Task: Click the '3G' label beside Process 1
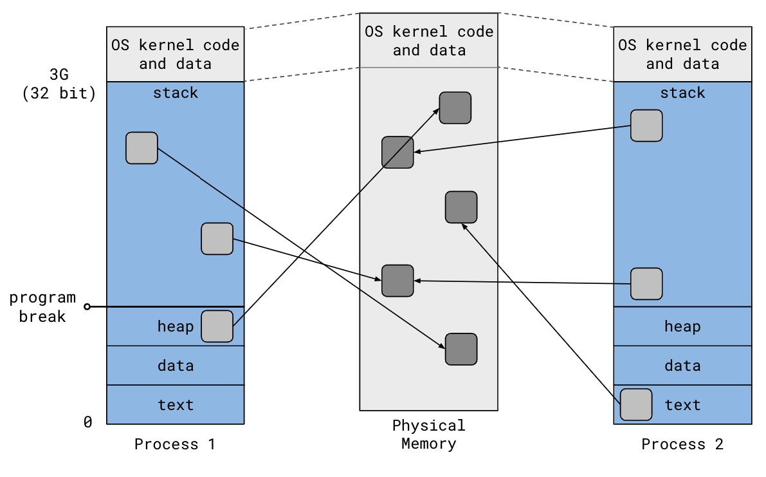point(59,74)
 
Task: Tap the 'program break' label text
point(42,307)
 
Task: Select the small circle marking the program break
point(87,307)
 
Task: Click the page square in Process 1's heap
point(217,326)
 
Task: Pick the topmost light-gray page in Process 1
point(141,148)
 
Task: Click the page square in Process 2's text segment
point(636,404)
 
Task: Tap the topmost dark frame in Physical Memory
point(455,108)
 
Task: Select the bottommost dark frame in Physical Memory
point(461,349)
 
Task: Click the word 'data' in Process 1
point(176,366)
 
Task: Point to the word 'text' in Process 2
point(682,405)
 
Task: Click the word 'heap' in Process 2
point(682,326)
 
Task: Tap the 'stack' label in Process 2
point(682,93)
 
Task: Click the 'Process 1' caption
point(175,444)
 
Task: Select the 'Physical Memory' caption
point(428,435)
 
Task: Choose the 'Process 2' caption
point(682,444)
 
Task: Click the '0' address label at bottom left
point(88,422)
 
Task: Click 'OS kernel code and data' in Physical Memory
point(428,41)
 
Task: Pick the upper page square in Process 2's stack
point(646,125)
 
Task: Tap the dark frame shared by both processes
point(397,280)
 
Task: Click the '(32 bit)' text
point(59,93)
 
